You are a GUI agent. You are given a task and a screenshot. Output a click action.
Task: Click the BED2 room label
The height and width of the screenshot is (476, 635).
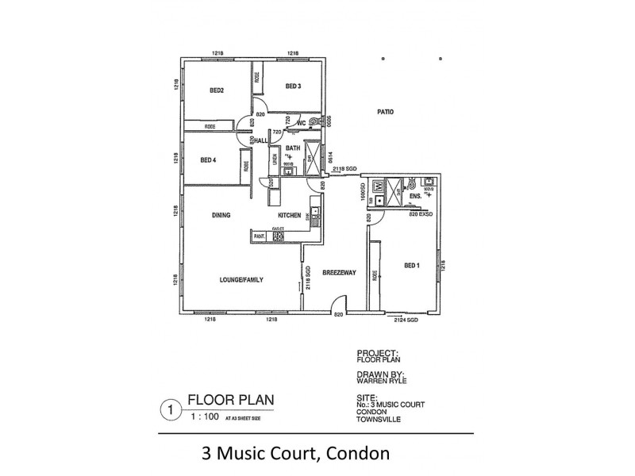pos(217,90)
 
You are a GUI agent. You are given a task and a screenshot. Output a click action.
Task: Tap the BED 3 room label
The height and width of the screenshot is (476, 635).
pos(293,86)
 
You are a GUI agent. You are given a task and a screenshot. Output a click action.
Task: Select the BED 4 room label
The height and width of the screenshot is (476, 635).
pos(209,159)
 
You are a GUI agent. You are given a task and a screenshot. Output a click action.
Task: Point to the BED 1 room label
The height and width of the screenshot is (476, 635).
pos(412,265)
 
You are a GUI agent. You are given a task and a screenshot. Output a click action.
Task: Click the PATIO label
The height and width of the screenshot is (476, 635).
pos(386,113)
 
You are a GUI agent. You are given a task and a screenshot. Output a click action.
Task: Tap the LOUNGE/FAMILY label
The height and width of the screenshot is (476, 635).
pos(241,280)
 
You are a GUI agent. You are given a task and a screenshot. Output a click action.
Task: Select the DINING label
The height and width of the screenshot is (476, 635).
pos(221,215)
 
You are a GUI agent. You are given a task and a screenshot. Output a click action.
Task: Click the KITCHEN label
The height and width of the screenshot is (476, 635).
pos(289,215)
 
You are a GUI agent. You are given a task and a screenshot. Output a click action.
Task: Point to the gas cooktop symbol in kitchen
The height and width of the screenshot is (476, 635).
pos(279,236)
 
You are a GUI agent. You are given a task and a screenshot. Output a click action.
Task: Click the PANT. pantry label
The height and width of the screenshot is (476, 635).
pos(259,236)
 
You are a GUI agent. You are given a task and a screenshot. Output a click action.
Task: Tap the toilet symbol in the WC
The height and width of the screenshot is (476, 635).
pos(314,121)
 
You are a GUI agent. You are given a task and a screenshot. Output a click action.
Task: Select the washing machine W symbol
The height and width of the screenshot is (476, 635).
pos(379,186)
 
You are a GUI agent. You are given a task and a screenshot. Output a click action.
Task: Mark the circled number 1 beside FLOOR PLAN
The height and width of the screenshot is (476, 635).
pos(167,410)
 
